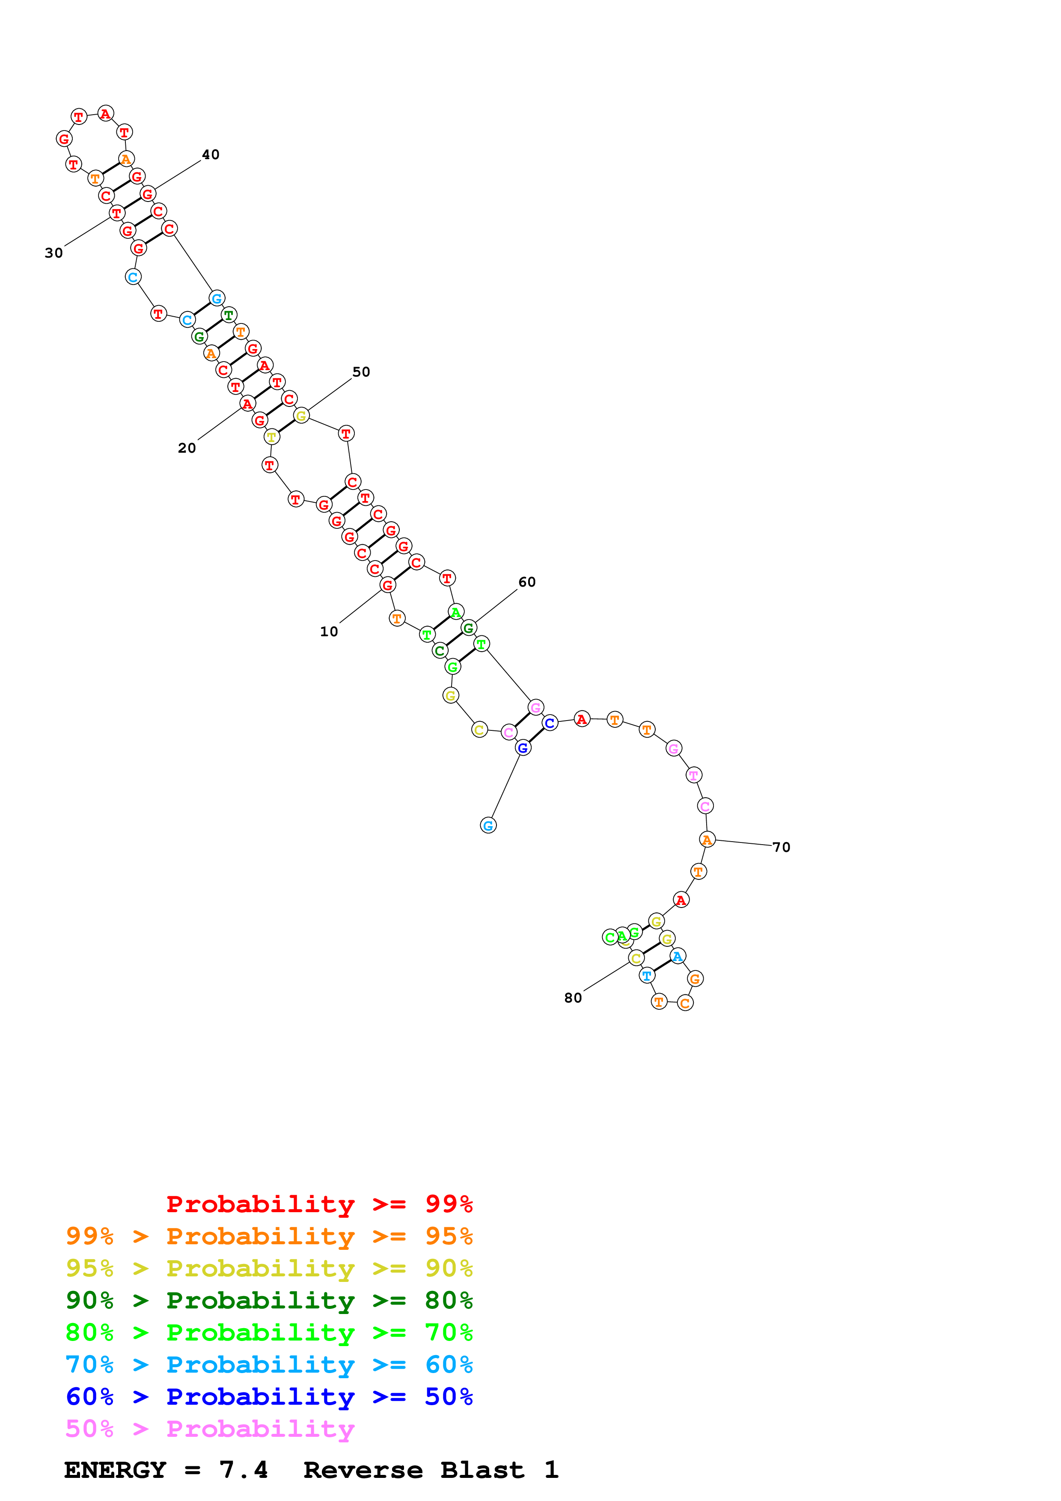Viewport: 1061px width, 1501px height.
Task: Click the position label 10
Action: pos(329,632)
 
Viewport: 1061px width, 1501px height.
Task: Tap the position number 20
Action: pos(187,448)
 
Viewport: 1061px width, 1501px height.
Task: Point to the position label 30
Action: pos(53,253)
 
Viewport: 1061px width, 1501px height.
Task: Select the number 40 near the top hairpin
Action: pos(211,154)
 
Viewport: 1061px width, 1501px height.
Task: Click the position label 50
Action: pos(361,372)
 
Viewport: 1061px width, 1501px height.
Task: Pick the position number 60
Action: pos(527,582)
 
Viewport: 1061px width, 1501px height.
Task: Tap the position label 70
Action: pos(781,847)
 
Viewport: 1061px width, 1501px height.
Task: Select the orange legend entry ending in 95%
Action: pos(269,1236)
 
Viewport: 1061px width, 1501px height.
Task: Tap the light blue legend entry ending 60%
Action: pos(269,1365)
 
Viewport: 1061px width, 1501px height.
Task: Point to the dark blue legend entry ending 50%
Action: pos(269,1397)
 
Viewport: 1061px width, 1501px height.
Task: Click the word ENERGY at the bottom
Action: pos(115,1470)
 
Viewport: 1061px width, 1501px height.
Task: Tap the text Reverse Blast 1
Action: pos(431,1470)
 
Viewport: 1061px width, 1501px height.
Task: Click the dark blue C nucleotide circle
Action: pos(550,723)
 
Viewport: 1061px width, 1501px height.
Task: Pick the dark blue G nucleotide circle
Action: pos(523,748)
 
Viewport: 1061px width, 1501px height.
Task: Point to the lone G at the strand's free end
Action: pos(488,826)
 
